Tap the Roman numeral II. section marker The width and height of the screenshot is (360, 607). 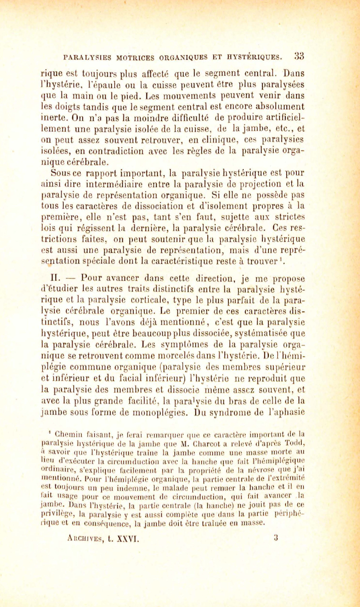pos(56,278)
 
